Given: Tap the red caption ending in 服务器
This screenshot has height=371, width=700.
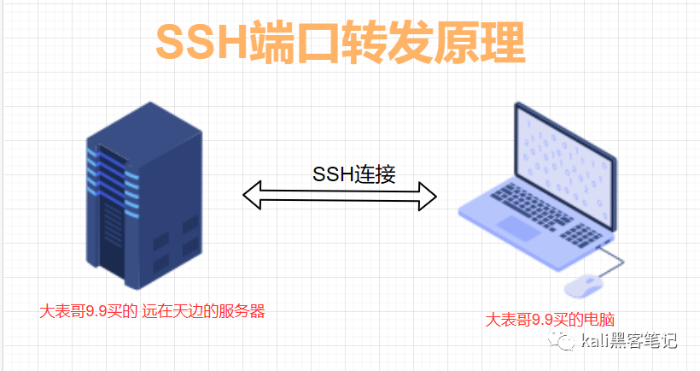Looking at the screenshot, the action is (x=157, y=311).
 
